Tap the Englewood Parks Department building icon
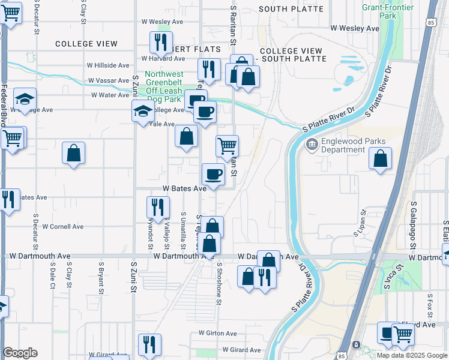312,144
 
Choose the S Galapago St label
414,225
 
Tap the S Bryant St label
100,278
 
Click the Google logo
20,353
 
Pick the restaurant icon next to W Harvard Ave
160,42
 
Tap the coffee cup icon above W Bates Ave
213,175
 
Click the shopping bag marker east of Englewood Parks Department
381,159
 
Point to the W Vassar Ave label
109,80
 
